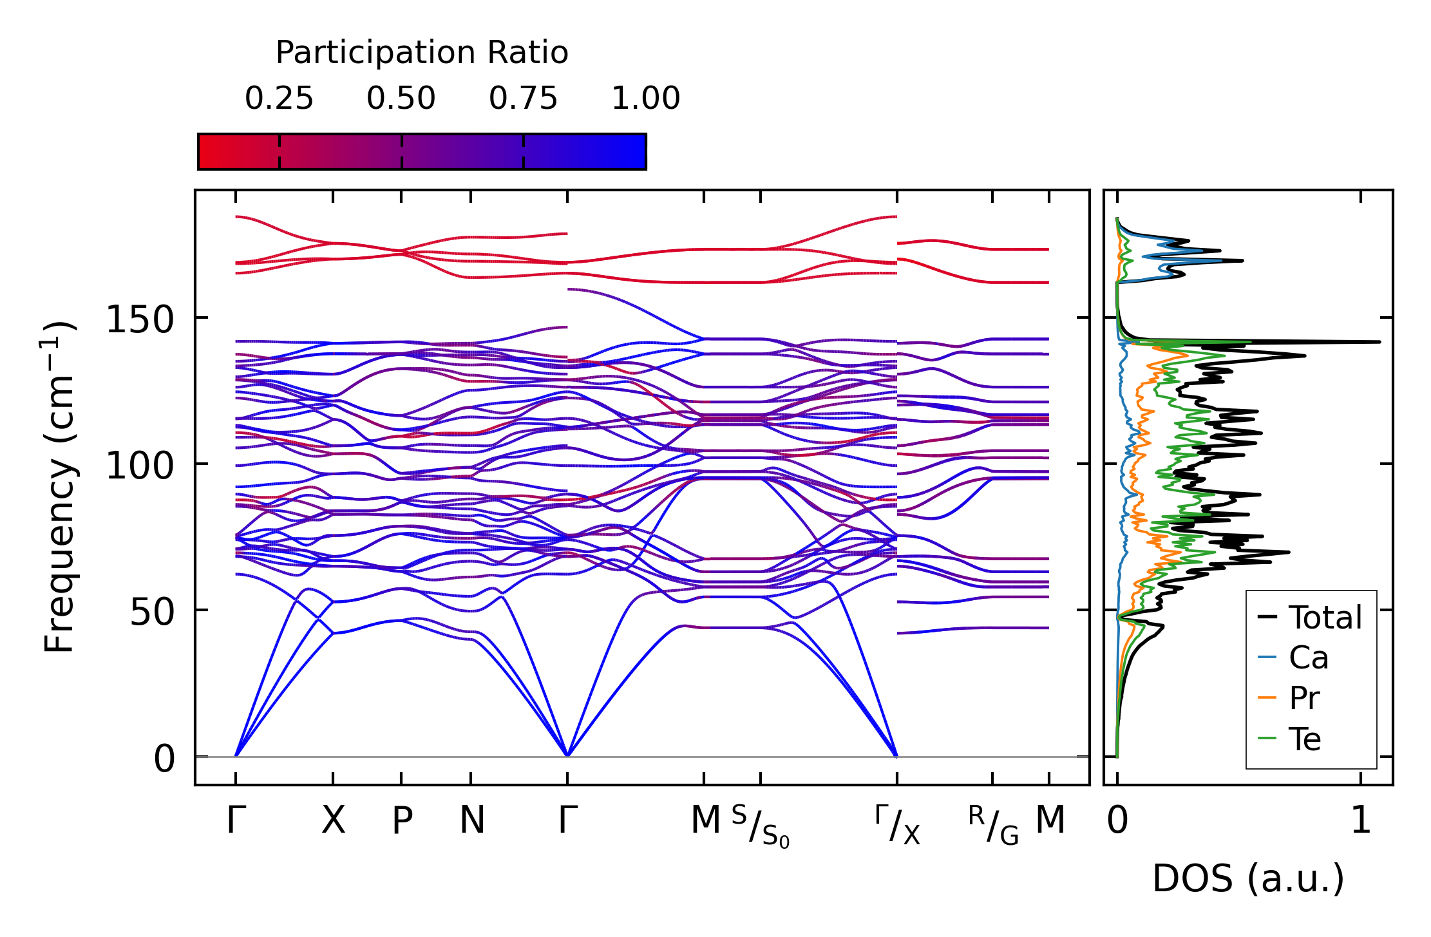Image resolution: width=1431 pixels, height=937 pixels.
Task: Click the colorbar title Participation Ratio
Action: pos(422,53)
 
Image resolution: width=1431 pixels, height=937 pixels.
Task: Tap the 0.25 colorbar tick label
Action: pos(279,99)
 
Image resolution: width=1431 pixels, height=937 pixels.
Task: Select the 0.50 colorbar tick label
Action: pos(401,99)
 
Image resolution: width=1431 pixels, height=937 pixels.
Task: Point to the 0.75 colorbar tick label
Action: pos(523,99)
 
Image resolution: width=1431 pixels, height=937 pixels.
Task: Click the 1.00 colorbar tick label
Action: pos(645,99)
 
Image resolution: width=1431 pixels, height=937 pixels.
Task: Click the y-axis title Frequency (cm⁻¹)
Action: pos(60,487)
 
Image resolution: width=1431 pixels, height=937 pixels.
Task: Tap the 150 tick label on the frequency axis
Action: pos(140,319)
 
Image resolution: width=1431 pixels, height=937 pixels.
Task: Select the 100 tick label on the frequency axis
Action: pos(140,465)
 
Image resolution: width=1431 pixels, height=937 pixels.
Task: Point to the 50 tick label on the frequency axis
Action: pos(152,611)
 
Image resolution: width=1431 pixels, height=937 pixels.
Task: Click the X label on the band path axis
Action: pos(333,820)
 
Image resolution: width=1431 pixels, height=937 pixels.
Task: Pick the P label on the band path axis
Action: pos(402,820)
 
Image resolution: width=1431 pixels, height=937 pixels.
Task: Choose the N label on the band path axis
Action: pos(471,820)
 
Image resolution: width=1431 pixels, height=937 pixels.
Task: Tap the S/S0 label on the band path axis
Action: pos(761,826)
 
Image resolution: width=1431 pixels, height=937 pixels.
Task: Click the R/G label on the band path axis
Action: pos(993,824)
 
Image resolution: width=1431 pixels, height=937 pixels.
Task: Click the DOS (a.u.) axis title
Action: pos(1248,878)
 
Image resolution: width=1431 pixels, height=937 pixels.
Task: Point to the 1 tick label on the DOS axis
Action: pos(1361,820)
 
